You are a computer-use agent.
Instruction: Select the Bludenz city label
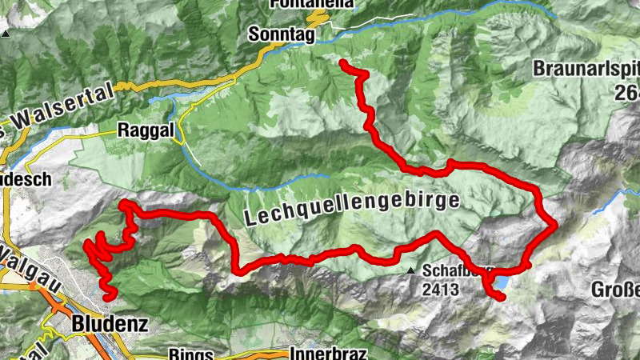101,325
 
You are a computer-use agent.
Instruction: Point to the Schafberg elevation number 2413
442,290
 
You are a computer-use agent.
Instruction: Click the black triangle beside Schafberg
411,270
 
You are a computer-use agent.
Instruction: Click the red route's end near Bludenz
108,297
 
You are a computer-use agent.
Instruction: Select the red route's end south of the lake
502,298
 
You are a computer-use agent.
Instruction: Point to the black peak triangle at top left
6,34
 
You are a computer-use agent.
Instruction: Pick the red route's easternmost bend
554,226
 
